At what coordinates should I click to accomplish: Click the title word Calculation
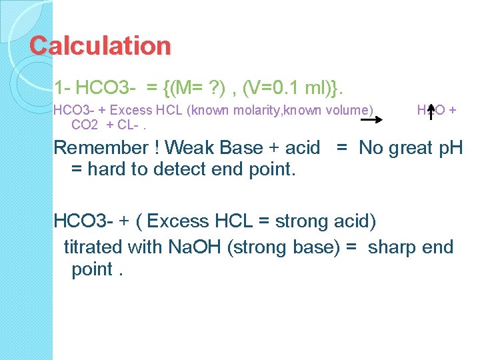[100, 46]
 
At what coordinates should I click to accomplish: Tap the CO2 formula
[85, 125]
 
